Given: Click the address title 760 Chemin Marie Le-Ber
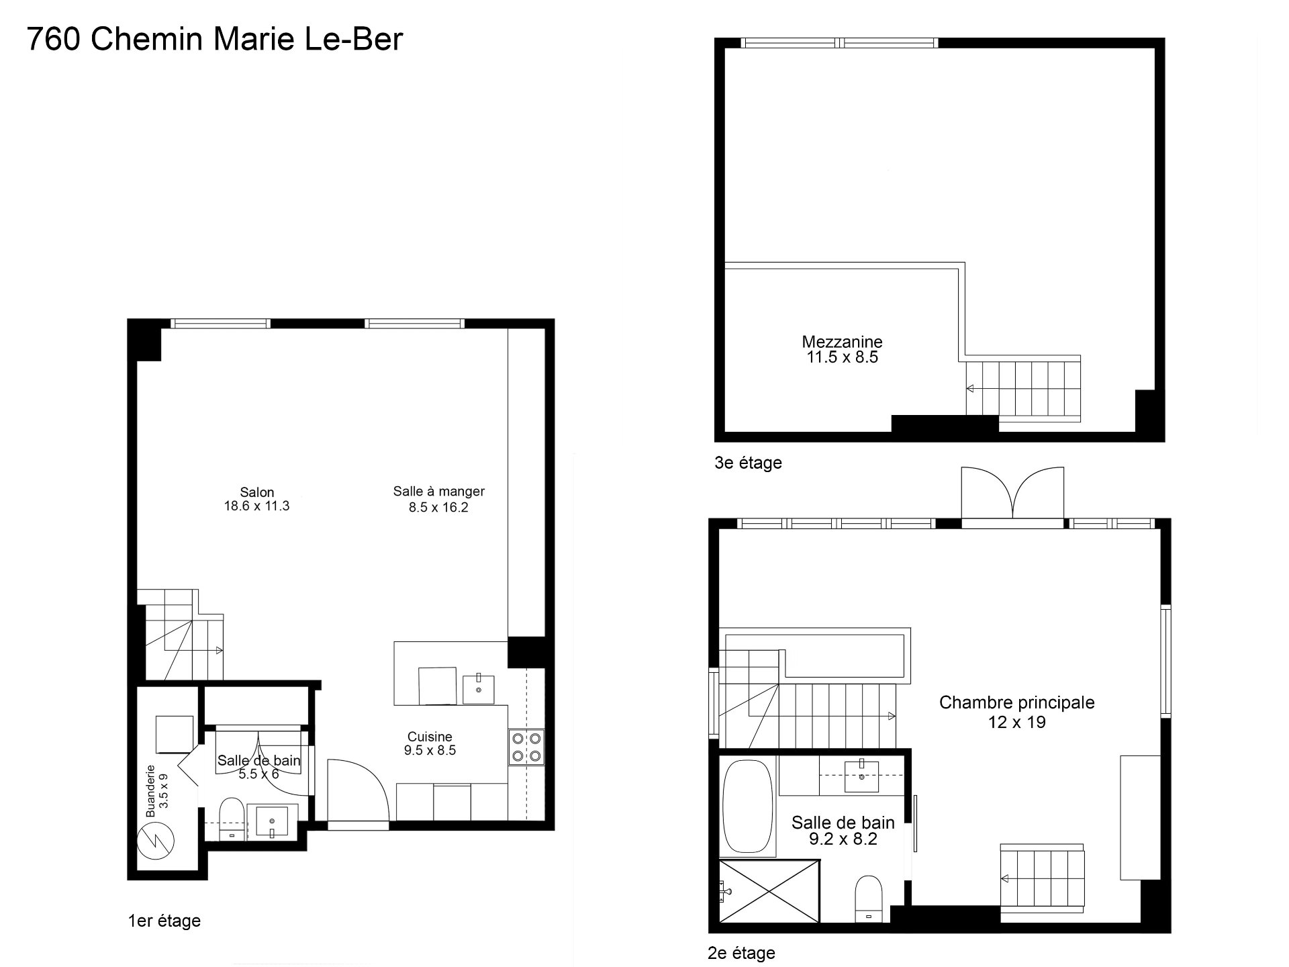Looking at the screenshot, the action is [x=215, y=39].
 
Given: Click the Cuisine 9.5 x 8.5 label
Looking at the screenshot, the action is [x=430, y=743].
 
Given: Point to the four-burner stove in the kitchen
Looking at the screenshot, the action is [x=526, y=747].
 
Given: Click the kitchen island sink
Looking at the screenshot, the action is [x=479, y=689].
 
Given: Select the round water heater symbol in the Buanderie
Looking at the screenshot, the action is [x=155, y=840].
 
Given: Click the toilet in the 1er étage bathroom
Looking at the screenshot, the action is [x=232, y=819].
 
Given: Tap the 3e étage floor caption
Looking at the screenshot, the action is [x=749, y=463].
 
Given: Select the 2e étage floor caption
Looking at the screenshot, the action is [x=742, y=953].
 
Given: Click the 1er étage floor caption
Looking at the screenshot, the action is [x=164, y=920].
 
